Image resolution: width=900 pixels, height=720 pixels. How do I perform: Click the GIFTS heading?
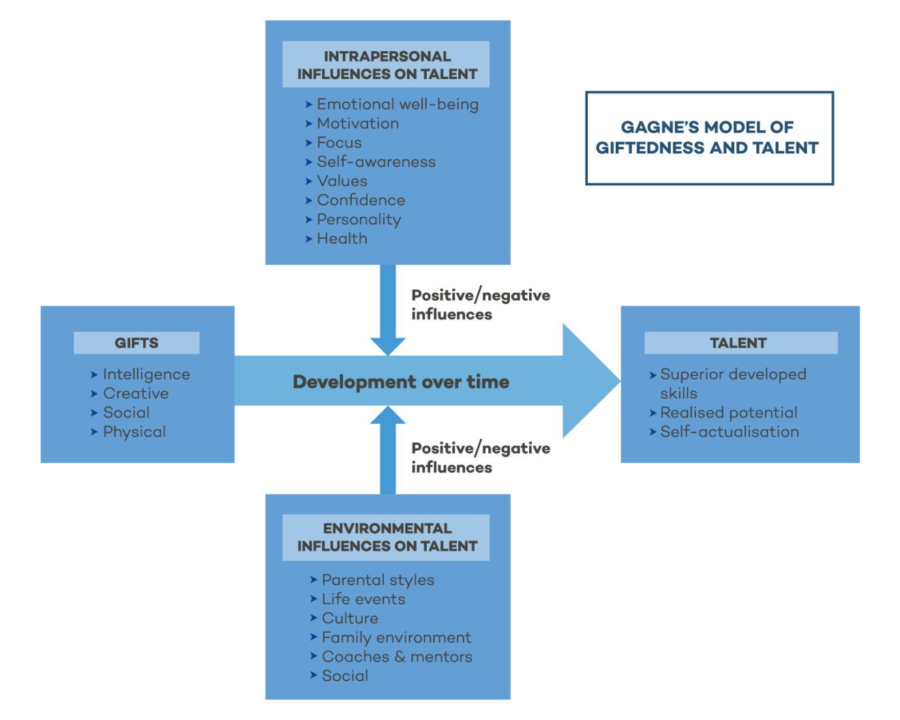136,343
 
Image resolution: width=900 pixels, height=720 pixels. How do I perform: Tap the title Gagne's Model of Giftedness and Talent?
708,138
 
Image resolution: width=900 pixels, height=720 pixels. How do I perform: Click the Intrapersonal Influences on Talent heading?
387,65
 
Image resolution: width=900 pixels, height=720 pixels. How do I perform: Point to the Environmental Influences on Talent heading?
387,537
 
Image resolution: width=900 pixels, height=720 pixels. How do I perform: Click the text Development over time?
401,381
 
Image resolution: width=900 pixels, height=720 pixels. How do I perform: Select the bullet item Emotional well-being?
397,104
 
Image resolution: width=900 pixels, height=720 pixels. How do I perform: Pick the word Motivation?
358,123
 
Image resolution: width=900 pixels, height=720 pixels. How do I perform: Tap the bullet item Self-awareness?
376,161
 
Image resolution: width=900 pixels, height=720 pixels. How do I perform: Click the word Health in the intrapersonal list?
342,238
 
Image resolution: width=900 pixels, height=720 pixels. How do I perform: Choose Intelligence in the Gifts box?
146,374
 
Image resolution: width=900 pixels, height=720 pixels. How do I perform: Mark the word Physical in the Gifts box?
134,431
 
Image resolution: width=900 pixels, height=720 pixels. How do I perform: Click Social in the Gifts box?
126,412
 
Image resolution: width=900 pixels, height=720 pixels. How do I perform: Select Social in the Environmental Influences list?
344,676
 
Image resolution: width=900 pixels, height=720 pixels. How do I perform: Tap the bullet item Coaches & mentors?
397,657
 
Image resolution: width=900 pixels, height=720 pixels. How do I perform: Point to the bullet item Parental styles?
378,580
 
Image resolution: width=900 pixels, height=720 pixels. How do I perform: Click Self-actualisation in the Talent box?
729,431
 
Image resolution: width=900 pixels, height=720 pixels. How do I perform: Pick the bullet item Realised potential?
728,412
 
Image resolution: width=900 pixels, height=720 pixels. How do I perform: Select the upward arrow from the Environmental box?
387,450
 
